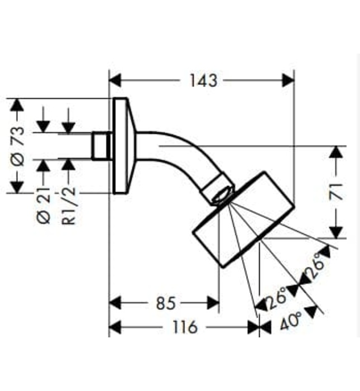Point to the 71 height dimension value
[335, 192]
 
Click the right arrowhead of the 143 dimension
[288, 80]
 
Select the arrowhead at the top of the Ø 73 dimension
[18, 105]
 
